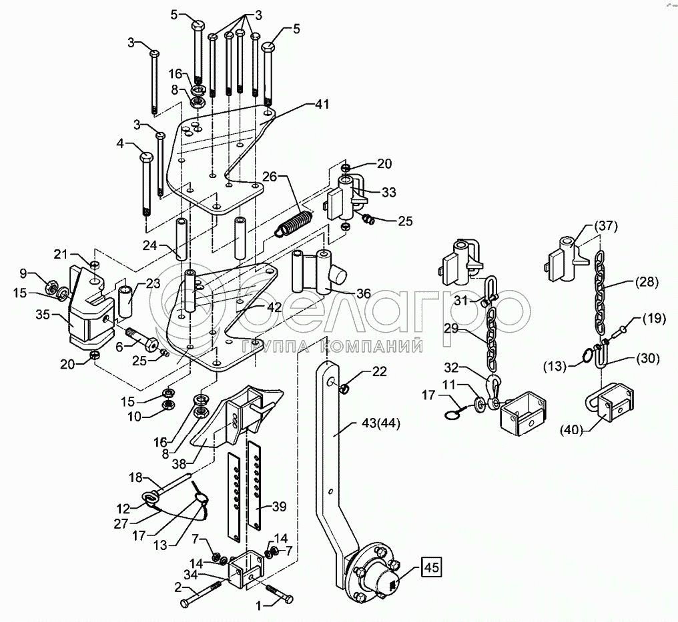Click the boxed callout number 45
click(430, 568)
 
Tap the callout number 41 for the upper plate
click(322, 105)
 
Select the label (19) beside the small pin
click(653, 319)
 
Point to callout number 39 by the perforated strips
click(280, 507)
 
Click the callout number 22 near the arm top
click(379, 372)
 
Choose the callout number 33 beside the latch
click(388, 192)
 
